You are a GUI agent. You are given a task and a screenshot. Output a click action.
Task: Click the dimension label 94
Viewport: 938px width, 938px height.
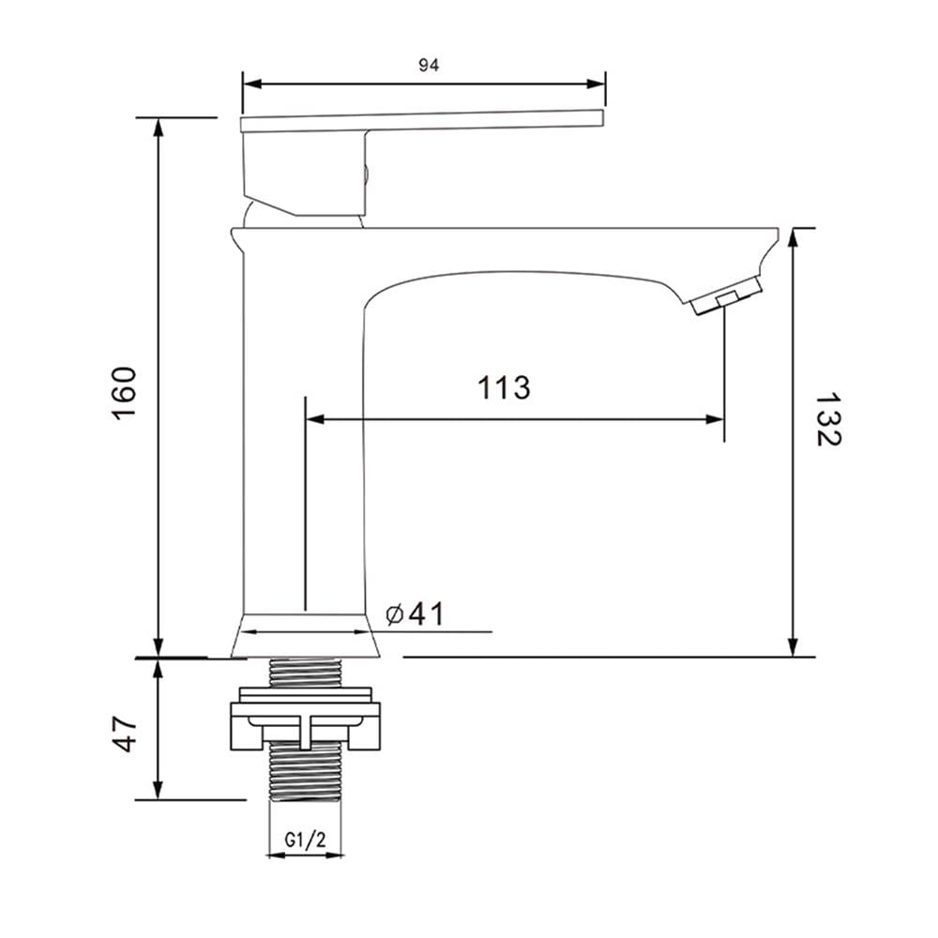point(429,66)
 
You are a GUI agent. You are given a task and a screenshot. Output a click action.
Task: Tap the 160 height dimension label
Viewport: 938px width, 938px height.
point(125,393)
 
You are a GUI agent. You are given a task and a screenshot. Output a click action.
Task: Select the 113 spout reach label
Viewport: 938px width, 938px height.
point(504,387)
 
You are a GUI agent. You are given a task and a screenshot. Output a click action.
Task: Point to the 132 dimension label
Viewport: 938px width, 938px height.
point(828,419)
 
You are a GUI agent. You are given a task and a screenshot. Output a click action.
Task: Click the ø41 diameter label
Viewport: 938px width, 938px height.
point(416,613)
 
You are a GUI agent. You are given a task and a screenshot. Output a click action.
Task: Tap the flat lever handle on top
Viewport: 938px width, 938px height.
point(422,121)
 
